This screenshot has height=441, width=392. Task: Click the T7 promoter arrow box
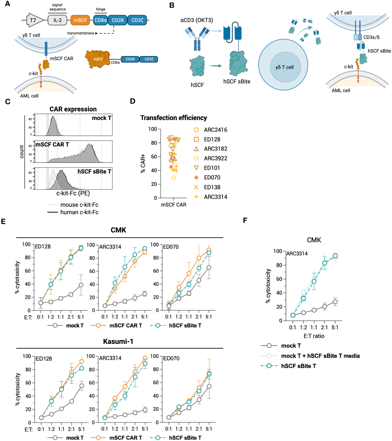point(34,20)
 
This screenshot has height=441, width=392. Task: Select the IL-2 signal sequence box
point(57,20)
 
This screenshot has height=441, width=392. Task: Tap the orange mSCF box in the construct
point(80,20)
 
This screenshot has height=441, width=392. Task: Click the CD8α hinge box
point(100,20)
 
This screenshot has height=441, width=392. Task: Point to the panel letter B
point(172,5)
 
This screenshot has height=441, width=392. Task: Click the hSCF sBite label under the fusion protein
point(237,82)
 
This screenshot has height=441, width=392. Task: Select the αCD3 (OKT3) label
point(197,20)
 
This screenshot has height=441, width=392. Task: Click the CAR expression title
point(73,109)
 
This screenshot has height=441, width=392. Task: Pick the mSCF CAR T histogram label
point(52,145)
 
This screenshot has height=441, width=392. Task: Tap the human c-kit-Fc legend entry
point(79,212)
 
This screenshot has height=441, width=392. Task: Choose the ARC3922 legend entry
point(215,159)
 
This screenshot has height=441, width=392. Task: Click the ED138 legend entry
point(212,187)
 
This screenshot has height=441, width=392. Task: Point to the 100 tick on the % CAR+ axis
point(153,129)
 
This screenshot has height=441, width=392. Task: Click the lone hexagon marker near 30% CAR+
point(174,178)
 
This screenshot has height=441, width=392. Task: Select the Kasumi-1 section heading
point(118,342)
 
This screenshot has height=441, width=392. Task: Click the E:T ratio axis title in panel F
point(314,336)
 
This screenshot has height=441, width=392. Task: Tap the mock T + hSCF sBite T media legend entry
point(320,356)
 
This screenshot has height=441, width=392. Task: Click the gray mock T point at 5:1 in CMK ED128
point(81,285)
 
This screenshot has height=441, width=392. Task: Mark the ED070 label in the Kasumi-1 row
point(171,358)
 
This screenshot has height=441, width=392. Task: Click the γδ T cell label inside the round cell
point(284,67)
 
